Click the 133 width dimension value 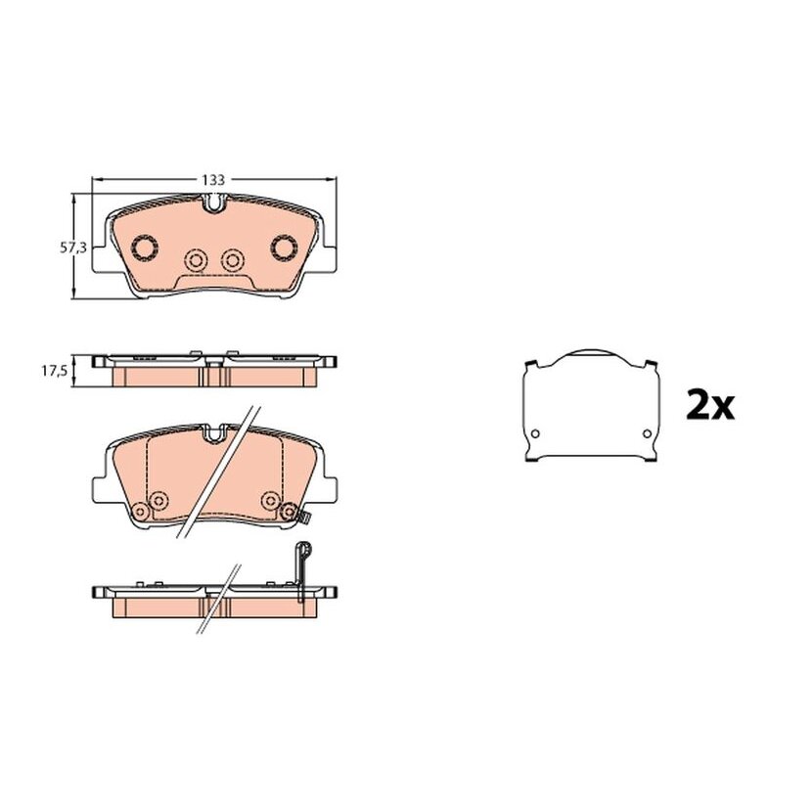(213, 180)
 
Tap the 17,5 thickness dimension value (55, 372)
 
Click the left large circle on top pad (145, 248)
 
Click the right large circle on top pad (284, 248)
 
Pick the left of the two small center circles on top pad (197, 259)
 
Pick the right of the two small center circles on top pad (233, 259)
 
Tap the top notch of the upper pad (213, 203)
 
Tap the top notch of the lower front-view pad (213, 433)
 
